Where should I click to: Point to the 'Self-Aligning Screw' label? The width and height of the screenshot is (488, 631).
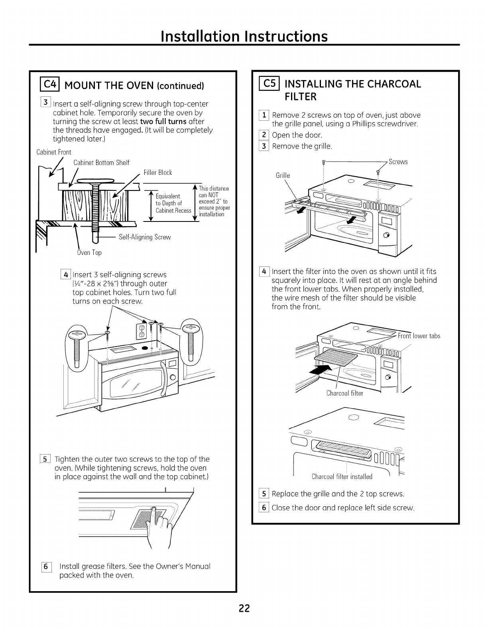point(145,237)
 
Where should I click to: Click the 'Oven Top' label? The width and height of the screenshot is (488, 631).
point(89,253)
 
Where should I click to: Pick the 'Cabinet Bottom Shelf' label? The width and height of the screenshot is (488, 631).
point(102,163)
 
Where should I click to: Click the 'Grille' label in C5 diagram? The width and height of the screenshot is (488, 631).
point(283,176)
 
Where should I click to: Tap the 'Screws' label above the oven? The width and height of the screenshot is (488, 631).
point(398,162)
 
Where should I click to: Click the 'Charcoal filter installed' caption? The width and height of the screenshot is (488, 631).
point(342,476)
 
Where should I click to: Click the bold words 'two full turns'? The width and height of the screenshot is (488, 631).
point(163,121)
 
